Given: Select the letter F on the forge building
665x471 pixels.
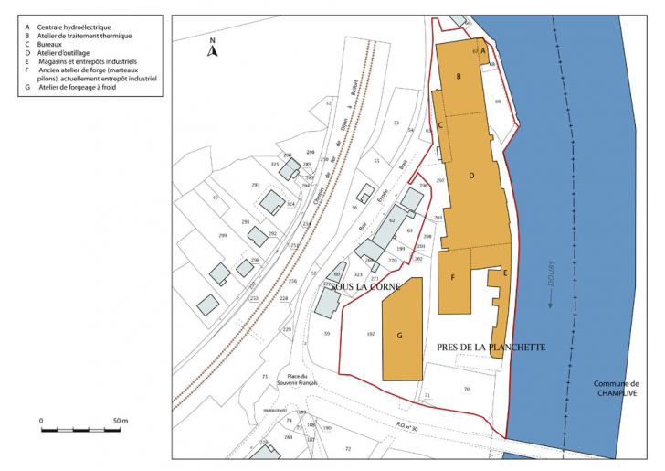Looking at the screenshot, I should tap(452, 277).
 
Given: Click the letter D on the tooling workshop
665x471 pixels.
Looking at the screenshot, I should tap(471, 175).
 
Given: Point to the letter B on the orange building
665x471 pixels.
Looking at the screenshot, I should tap(459, 77).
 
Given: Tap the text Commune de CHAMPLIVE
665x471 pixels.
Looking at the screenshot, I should tap(616, 389).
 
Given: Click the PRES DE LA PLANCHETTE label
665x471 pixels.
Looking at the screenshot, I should tap(491, 348).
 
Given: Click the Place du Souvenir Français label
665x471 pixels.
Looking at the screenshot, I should tap(301, 380).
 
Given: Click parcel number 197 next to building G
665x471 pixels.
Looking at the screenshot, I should tap(370, 335).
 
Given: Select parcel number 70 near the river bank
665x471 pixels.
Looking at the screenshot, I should tap(466, 391).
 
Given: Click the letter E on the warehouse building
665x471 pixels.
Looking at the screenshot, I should tap(504, 273).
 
